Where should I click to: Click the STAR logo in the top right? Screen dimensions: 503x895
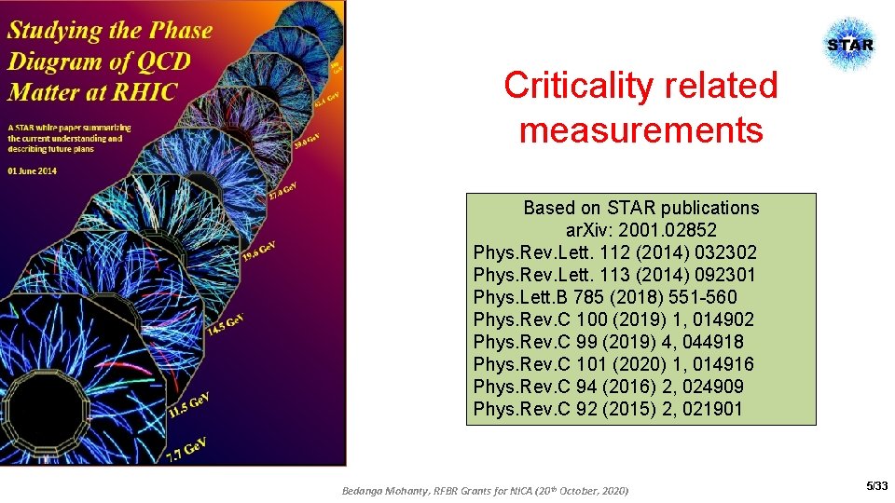(850, 45)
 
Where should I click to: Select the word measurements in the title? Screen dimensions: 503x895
(641, 129)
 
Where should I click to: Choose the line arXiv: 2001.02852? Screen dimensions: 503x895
(641, 230)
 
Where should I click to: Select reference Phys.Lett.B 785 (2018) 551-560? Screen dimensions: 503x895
(605, 297)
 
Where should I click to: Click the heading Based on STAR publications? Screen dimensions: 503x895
(641, 208)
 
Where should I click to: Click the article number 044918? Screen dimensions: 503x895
(719, 342)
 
